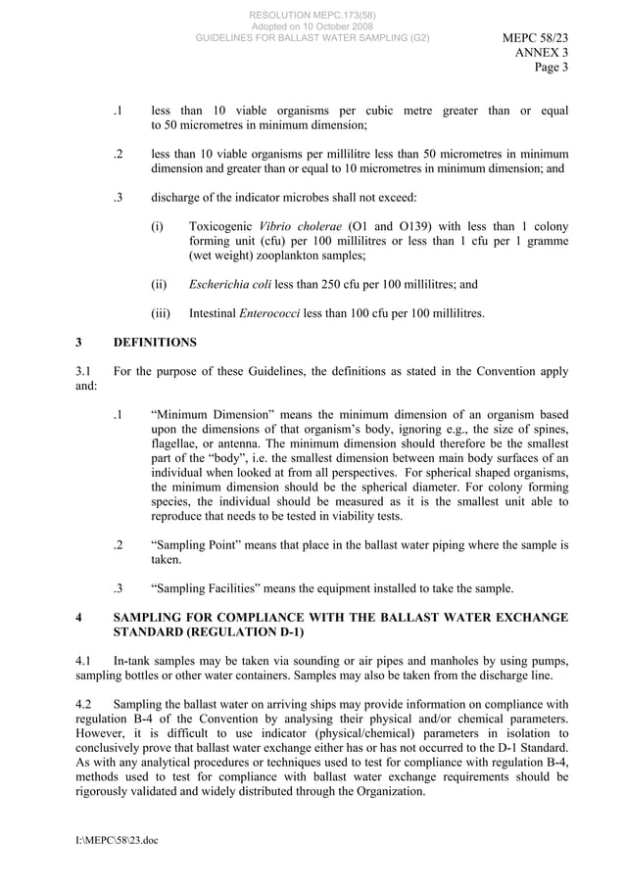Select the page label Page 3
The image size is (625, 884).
coord(551,68)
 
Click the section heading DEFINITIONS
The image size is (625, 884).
coord(155,343)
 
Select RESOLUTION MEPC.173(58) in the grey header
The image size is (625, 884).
coord(312,15)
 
